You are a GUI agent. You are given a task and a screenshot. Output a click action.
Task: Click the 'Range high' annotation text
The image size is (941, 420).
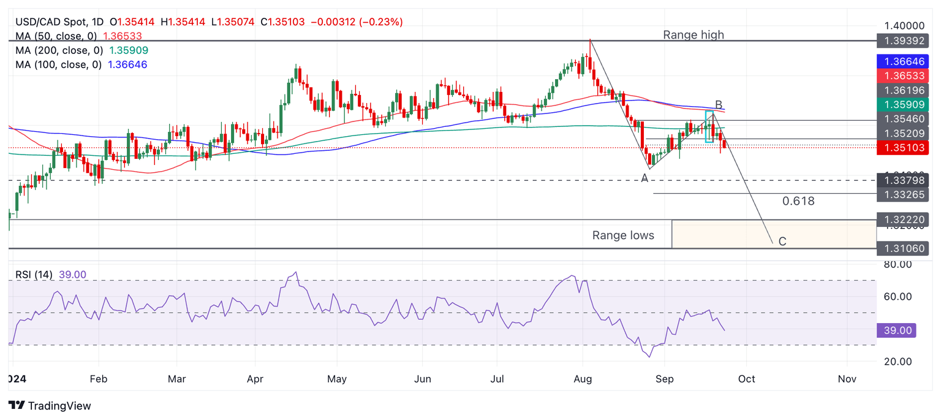coord(693,35)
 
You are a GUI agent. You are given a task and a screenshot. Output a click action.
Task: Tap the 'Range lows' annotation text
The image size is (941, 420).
coord(622,235)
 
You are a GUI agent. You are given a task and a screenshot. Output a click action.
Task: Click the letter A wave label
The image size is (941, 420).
coord(644,178)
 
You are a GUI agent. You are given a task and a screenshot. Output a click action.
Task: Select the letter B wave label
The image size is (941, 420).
coord(719,105)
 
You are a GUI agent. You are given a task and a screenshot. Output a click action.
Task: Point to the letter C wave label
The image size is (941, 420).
coord(782,242)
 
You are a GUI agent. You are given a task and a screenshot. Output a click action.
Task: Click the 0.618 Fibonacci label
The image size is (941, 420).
coord(798,201)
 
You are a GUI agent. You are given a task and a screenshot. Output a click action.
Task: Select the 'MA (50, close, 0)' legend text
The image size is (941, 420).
coord(59,36)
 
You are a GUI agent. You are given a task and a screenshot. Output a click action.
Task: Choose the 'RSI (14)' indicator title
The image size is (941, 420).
coord(34,275)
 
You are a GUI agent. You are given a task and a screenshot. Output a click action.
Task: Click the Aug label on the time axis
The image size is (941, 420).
coord(583,379)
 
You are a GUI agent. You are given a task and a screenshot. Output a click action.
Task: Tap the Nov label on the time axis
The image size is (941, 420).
coord(847,379)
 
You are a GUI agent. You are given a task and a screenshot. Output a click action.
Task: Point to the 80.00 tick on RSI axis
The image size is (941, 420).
coord(898,264)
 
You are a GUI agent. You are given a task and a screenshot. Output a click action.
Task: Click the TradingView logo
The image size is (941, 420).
coord(50,405)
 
